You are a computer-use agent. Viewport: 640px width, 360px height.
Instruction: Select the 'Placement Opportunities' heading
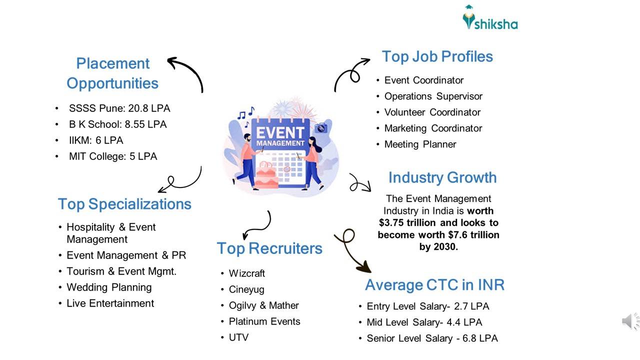pos(112,73)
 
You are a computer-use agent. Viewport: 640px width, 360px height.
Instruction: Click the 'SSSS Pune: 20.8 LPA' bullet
pos(119,108)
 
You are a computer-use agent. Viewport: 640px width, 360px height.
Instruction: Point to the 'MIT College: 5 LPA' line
pos(113,156)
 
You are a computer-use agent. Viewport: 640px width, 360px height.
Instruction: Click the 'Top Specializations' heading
pos(124,204)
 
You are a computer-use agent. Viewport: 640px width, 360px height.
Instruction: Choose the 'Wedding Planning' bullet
pos(109,287)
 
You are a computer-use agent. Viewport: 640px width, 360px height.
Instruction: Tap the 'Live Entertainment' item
pos(110,303)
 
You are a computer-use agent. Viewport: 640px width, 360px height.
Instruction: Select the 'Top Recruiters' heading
pos(269,248)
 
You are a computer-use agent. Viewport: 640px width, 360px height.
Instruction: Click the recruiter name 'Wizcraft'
pos(247,273)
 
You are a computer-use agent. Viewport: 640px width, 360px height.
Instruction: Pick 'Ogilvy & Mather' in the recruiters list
pos(263,305)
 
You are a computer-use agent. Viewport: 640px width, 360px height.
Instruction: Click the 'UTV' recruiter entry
pos(238,337)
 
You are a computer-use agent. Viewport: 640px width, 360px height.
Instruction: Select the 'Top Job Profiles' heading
pos(437,56)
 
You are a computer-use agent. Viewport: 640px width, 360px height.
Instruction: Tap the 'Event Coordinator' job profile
pos(423,80)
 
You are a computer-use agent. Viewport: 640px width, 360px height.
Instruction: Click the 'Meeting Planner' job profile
pos(420,144)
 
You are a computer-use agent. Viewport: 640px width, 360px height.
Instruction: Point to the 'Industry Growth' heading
pos(442,177)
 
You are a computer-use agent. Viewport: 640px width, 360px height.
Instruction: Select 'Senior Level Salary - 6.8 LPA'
pos(432,338)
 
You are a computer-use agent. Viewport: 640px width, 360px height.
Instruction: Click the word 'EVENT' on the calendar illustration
pos(280,133)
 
